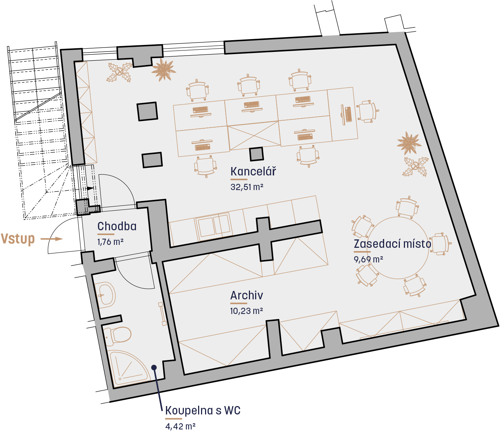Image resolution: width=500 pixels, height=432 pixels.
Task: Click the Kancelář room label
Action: [253, 171]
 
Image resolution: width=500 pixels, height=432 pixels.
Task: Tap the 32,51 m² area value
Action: [247, 187]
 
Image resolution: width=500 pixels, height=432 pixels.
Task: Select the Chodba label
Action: [117, 226]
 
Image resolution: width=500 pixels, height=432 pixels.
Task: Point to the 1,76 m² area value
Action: [110, 242]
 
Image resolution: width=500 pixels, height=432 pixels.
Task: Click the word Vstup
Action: [18, 239]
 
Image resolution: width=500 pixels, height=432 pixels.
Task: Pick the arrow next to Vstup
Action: [52, 239]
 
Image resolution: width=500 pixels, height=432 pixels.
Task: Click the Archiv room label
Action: [246, 295]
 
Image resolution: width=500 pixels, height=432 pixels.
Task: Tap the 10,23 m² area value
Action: [246, 311]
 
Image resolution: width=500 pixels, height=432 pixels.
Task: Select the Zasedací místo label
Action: [392, 244]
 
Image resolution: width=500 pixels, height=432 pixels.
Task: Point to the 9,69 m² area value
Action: [368, 259]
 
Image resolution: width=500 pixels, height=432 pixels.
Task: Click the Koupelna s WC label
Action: [203, 410]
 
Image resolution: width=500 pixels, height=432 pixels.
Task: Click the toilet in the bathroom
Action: [118, 336]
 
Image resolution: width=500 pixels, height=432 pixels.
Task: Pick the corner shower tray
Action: [129, 368]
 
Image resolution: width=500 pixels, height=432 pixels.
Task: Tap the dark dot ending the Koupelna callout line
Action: [154, 368]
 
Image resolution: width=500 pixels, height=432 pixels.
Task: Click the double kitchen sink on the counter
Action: [213, 226]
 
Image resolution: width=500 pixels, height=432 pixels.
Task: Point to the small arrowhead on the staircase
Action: [90, 188]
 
